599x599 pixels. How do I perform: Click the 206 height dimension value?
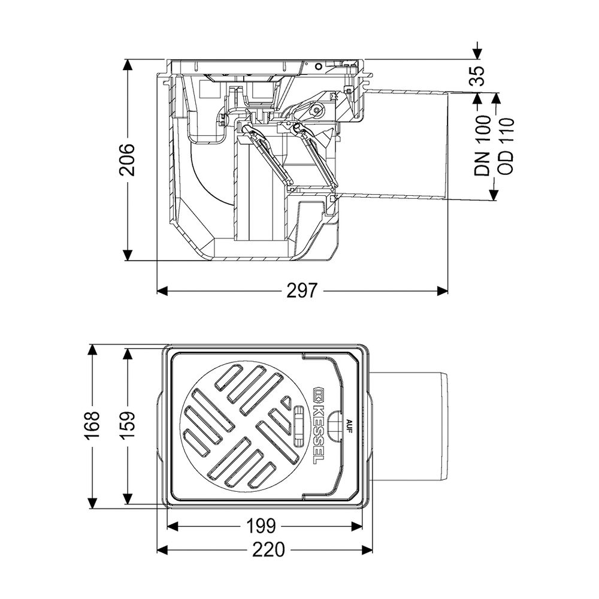click(x=126, y=160)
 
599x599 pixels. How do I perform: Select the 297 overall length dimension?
click(x=302, y=291)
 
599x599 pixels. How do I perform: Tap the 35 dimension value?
click(x=477, y=75)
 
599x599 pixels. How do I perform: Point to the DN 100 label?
click(x=482, y=146)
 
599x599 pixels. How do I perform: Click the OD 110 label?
click(x=505, y=146)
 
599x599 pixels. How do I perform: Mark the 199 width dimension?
click(x=261, y=527)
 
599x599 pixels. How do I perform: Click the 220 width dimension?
click(x=268, y=550)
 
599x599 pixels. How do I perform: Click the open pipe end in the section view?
click(x=447, y=146)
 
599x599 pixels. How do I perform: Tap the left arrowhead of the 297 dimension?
click(x=162, y=291)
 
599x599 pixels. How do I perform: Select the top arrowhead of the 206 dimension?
click(x=128, y=65)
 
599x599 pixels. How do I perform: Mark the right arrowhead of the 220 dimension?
click(x=368, y=550)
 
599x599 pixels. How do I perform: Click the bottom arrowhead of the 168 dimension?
click(x=93, y=504)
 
